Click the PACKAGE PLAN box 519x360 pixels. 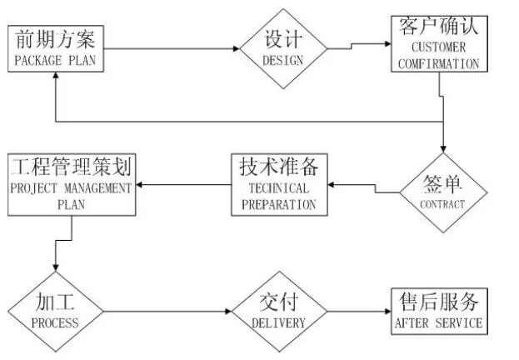pyautogui.click(x=57, y=49)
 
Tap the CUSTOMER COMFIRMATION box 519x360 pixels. pyautogui.click(x=438, y=43)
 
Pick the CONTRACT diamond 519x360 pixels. pyautogui.click(x=442, y=192)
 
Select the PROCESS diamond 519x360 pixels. pyautogui.click(x=55, y=311)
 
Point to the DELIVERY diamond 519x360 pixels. pyautogui.click(x=277, y=311)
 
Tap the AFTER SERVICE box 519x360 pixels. pyautogui.click(x=438, y=310)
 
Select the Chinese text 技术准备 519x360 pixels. pyautogui.click(x=277, y=166)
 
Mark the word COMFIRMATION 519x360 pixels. pyautogui.click(x=438, y=62)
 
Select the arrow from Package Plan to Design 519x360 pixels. pyautogui.click(x=175, y=49)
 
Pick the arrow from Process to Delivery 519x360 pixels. pyautogui.click(x=167, y=312)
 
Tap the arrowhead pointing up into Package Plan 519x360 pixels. pyautogui.click(x=55, y=77)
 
